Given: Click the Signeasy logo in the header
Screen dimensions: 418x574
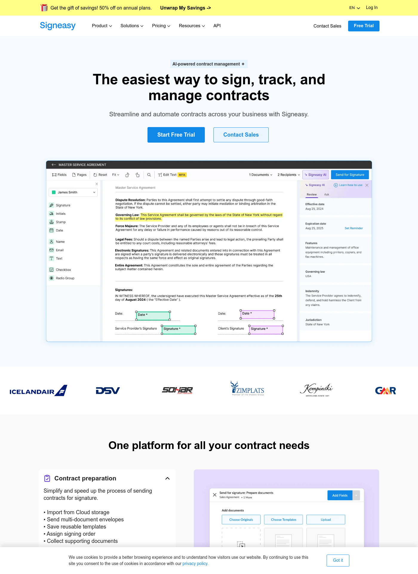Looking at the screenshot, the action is (58, 26).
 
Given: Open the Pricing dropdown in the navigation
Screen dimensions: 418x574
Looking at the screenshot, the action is (161, 26).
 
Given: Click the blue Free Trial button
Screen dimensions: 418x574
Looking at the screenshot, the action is (363, 26).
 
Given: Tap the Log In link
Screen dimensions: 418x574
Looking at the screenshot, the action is (372, 8).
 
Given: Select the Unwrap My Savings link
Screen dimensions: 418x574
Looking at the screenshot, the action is (185, 8).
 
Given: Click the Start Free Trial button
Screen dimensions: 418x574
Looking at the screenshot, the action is (176, 135).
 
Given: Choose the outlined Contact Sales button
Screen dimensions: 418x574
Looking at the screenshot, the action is (241, 135).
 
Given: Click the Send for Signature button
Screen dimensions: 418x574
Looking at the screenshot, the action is (350, 175).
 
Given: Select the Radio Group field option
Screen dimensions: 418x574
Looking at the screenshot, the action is (65, 278).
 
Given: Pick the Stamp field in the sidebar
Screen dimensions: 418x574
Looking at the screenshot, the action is (61, 222).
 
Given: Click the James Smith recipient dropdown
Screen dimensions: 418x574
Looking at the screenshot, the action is (73, 193).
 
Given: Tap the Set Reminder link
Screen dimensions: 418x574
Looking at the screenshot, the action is (354, 228).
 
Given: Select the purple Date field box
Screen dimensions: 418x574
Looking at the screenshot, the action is (257, 314).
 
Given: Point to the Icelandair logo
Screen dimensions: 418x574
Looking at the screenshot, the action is (38, 391).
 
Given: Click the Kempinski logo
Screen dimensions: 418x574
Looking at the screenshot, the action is (316, 390).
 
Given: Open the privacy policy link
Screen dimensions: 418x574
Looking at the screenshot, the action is (195, 564).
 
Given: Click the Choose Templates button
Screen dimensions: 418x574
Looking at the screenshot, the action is (283, 520).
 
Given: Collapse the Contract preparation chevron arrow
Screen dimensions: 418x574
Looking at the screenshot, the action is (167, 479).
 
